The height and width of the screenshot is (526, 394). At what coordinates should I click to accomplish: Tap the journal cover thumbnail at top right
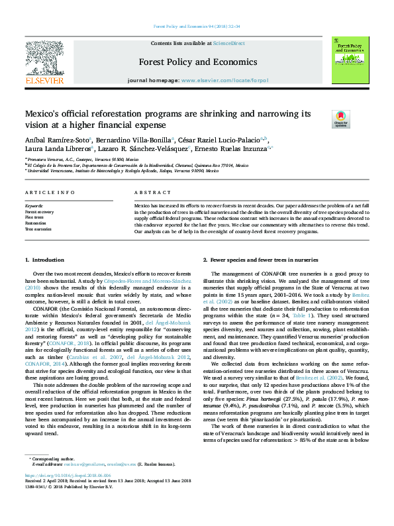coord(348,60)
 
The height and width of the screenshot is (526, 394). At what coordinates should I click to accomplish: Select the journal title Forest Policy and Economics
coord(197,62)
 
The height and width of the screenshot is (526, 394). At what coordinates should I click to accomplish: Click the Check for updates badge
coord(340,119)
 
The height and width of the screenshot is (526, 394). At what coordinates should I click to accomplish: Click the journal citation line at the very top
coord(197,26)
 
